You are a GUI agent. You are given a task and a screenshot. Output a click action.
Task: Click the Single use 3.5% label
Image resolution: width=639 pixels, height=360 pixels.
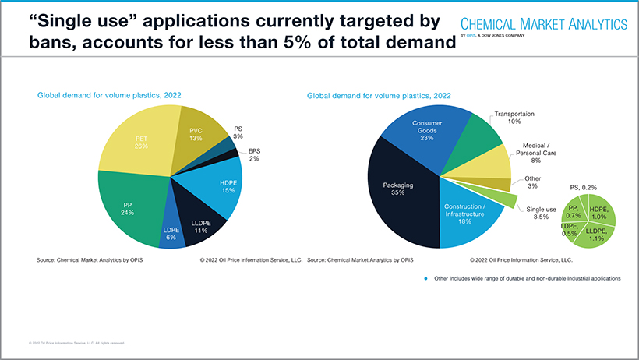click(541, 213)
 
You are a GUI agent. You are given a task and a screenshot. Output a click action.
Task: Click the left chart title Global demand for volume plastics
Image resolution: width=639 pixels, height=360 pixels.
click(109, 95)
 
